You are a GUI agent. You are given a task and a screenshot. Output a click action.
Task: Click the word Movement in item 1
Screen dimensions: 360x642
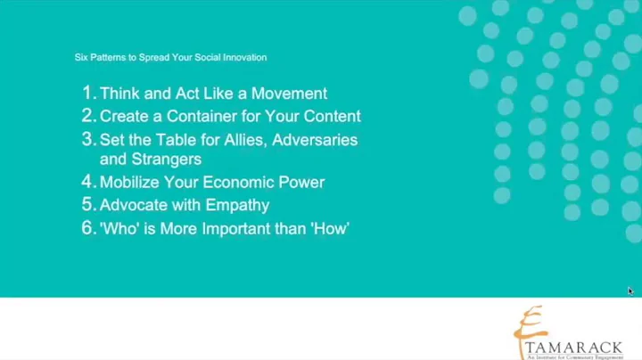tap(289, 94)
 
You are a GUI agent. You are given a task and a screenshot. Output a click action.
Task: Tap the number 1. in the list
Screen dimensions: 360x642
tap(88, 93)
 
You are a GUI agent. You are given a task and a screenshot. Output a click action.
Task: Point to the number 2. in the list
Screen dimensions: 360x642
tap(88, 116)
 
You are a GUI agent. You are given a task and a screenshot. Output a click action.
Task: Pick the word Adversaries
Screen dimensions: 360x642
tap(315, 140)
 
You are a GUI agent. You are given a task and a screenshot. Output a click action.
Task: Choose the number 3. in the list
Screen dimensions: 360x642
tap(88, 139)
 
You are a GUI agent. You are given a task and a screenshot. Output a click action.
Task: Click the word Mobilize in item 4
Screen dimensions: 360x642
tap(133, 183)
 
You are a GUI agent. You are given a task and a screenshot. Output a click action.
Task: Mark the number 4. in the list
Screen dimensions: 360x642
tap(88, 182)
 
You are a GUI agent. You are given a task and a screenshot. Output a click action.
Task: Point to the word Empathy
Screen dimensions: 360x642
tap(237, 205)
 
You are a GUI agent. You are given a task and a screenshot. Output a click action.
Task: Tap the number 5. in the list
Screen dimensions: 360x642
tap(88, 205)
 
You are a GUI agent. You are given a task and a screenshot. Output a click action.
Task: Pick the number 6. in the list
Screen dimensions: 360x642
tap(88, 228)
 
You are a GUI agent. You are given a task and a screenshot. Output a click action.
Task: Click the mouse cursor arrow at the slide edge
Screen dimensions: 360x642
tap(630, 290)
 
